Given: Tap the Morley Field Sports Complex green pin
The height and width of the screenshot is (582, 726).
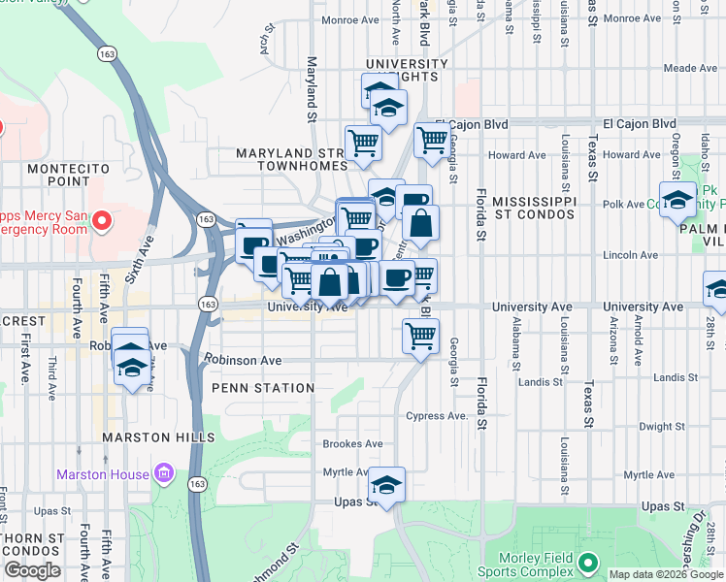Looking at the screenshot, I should pyautogui.click(x=587, y=563).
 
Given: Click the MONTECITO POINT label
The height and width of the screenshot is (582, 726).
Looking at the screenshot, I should pyautogui.click(x=73, y=175).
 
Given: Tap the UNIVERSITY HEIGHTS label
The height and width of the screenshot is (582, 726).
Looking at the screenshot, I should pyautogui.click(x=407, y=71).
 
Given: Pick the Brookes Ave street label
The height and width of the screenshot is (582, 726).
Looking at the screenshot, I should pyautogui.click(x=351, y=444).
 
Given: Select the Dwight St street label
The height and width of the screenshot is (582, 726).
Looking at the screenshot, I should pyautogui.click(x=662, y=427).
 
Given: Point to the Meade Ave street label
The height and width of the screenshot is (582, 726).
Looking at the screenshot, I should pyautogui.click(x=690, y=69).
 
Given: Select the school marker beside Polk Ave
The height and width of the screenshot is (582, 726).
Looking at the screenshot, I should pyautogui.click(x=678, y=200).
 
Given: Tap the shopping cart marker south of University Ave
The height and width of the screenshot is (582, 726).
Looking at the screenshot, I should pyautogui.click(x=420, y=337).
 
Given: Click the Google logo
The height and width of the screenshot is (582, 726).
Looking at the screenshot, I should pyautogui.click(x=33, y=571).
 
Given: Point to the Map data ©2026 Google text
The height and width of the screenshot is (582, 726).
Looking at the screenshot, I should pyautogui.click(x=666, y=574).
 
